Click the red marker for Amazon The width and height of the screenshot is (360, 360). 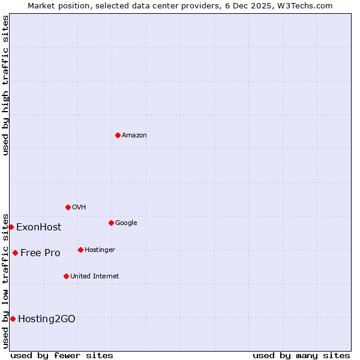(x=118, y=135)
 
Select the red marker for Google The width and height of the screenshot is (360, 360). (x=111, y=223)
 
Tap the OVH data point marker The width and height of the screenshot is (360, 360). (x=68, y=207)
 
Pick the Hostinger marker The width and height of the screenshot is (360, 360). (x=80, y=250)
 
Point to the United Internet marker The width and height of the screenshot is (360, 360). (x=66, y=276)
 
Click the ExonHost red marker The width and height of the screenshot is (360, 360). (x=11, y=227)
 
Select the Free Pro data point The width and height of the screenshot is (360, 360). (x=15, y=253)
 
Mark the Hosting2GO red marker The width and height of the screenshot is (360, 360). (x=13, y=319)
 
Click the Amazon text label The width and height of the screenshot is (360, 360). (x=134, y=136)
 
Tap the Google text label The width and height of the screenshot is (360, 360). (x=126, y=223)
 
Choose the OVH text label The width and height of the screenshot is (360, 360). (x=79, y=208)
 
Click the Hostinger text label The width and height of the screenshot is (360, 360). (x=100, y=250)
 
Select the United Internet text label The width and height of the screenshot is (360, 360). (x=94, y=277)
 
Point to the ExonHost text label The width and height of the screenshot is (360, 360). (x=38, y=227)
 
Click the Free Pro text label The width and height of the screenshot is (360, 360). (x=40, y=253)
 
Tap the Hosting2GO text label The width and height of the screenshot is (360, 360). (x=47, y=319)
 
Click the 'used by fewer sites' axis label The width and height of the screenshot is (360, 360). (x=62, y=355)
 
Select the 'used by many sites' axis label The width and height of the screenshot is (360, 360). (x=301, y=355)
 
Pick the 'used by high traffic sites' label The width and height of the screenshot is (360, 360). (x=5, y=85)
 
